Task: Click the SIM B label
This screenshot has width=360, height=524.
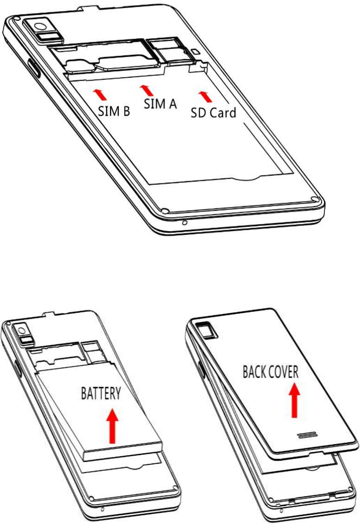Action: click(x=113, y=111)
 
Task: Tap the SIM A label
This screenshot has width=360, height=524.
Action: click(x=160, y=104)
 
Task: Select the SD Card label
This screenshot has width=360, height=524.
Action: click(x=214, y=112)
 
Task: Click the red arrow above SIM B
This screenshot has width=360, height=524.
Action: click(x=100, y=94)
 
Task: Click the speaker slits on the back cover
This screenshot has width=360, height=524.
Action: click(x=306, y=436)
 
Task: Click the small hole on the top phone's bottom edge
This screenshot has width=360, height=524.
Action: click(x=185, y=223)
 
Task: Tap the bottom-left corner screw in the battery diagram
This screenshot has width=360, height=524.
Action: click(x=93, y=499)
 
